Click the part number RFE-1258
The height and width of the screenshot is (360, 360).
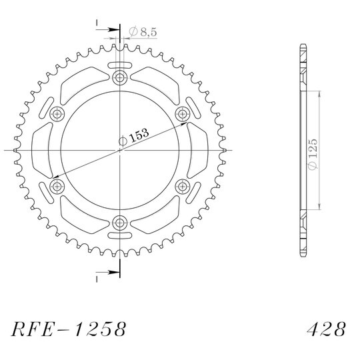coord(69,329)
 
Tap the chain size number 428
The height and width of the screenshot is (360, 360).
coord(326,329)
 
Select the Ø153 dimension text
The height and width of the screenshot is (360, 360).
coord(134,137)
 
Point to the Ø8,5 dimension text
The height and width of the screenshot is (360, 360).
coord(143,31)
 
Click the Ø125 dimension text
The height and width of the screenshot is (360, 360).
coord(313,154)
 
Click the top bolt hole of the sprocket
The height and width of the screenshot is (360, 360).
coord(119,77)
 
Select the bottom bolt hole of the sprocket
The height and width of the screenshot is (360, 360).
coord(119,223)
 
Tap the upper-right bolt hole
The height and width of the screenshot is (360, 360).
coord(183,114)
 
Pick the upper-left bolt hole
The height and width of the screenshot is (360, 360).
coord(57,114)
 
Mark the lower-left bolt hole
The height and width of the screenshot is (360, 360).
coord(57,187)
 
